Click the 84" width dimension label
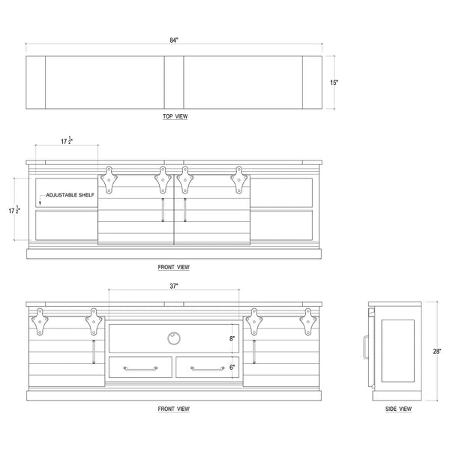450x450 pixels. (x=174, y=40)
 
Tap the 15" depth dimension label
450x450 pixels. (x=334, y=82)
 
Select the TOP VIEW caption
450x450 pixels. (x=175, y=116)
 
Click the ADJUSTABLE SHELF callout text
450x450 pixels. (x=70, y=195)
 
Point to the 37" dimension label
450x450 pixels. (x=174, y=286)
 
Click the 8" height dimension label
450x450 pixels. (x=232, y=339)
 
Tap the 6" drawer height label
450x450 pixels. (x=232, y=367)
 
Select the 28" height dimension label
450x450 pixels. (x=437, y=351)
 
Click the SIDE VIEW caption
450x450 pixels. (x=398, y=409)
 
